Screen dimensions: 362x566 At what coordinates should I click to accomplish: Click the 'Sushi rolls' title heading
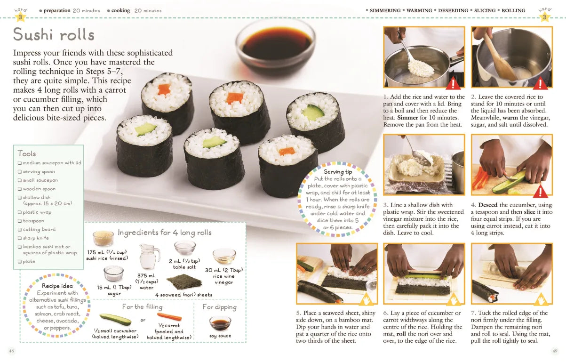54,34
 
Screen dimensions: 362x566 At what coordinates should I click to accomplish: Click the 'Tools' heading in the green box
27,153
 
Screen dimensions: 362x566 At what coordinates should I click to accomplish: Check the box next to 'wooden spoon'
20,189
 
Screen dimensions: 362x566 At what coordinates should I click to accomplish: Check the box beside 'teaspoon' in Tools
20,221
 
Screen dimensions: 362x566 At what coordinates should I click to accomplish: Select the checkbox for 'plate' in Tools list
20,262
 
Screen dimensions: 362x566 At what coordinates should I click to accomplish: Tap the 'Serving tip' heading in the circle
338,172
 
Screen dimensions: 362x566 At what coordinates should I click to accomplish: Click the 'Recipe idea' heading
57,286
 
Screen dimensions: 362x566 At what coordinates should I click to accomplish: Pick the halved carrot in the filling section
169,317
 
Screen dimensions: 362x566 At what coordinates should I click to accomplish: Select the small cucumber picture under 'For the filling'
115,319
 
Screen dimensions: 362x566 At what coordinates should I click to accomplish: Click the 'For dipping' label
219,307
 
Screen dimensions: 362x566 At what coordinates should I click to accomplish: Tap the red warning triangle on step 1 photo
453,84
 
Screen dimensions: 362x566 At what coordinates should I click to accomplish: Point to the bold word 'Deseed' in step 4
487,205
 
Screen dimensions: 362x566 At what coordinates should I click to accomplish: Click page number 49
555,351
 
